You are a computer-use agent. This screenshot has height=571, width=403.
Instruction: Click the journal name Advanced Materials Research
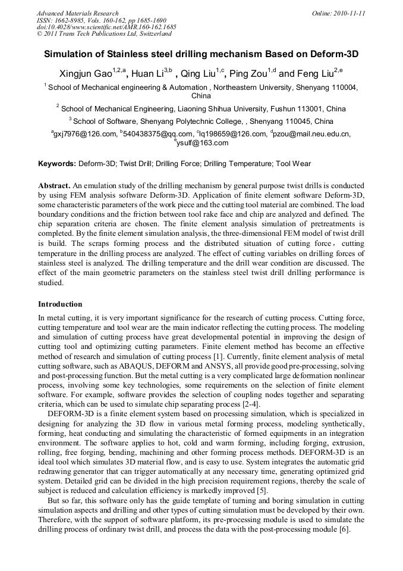(77, 13)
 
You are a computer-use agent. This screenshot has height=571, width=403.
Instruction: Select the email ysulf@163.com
(203, 143)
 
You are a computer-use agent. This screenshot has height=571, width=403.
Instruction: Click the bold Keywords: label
(57, 163)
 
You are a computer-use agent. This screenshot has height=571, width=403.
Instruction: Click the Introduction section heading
(60, 304)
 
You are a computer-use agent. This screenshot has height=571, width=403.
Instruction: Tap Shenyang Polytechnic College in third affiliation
(190, 121)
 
